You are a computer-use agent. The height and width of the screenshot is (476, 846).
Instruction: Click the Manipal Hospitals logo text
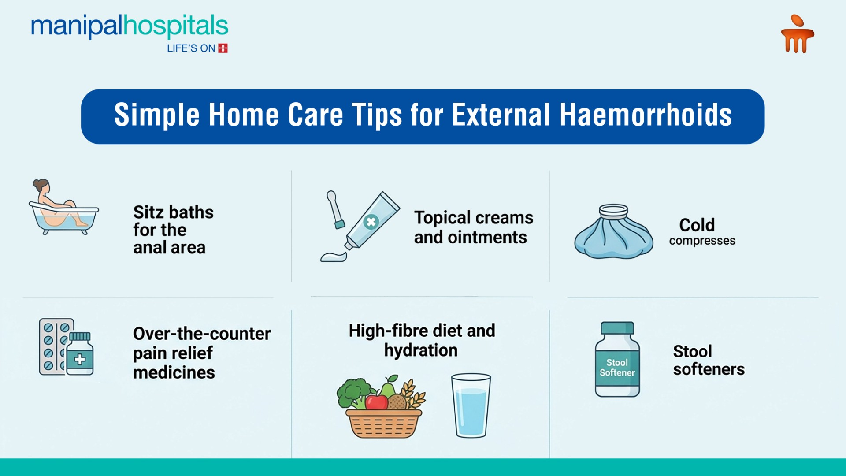129,26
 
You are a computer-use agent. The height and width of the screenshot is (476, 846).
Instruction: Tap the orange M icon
798,35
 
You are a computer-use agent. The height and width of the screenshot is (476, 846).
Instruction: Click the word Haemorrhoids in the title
646,115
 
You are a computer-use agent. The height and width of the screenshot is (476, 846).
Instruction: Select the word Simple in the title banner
157,115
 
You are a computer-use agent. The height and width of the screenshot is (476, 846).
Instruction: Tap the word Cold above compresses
697,225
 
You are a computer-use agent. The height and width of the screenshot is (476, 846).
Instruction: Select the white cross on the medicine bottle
80,359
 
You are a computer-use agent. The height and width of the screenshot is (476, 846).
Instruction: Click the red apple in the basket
376,402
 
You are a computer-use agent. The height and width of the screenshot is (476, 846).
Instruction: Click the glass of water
471,405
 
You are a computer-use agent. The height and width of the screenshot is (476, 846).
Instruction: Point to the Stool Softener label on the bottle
617,368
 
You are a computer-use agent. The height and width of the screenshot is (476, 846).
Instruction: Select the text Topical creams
473,218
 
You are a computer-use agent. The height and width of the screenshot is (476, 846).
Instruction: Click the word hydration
421,351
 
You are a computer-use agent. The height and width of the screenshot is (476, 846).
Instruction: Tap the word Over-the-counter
202,334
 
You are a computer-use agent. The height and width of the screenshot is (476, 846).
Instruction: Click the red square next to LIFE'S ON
223,48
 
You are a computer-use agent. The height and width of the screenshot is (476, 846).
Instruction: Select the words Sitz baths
173,212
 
